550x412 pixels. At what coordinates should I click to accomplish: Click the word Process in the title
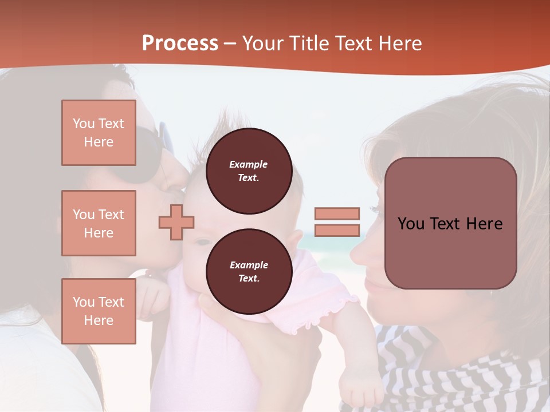pyautogui.click(x=180, y=43)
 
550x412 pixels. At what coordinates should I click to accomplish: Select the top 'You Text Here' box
pyautogui.click(x=99, y=133)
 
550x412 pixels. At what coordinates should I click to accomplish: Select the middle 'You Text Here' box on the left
pyautogui.click(x=99, y=223)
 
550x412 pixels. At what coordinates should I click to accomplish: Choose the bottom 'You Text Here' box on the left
pyautogui.click(x=99, y=311)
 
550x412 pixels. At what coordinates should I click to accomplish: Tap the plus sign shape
pyautogui.click(x=176, y=221)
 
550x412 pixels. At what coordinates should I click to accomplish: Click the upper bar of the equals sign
pyautogui.click(x=337, y=213)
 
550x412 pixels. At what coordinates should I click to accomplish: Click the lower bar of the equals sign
pyautogui.click(x=337, y=230)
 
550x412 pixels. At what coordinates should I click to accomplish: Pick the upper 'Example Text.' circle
pyautogui.click(x=249, y=171)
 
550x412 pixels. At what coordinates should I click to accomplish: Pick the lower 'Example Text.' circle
pyautogui.click(x=249, y=272)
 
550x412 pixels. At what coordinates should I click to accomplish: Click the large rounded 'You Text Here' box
pyautogui.click(x=450, y=223)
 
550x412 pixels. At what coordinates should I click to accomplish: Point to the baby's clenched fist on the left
pyautogui.click(x=154, y=295)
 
